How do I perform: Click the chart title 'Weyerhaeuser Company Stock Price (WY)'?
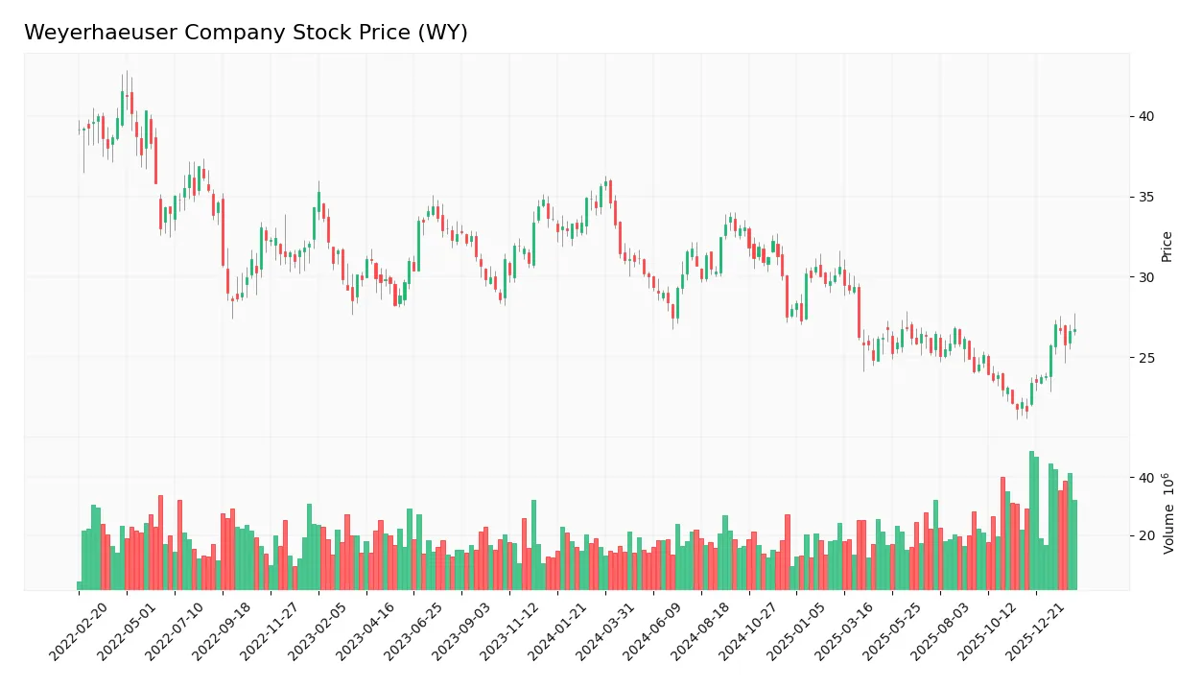click(246, 33)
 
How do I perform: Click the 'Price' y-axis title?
click(1167, 247)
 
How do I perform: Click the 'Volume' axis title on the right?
click(1168, 513)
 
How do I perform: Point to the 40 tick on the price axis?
click(1146, 117)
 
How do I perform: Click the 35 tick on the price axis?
click(1146, 198)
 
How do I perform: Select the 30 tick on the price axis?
click(1146, 277)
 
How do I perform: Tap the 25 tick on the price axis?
click(1146, 358)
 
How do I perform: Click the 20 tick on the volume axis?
click(1146, 535)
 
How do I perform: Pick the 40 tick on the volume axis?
click(1146, 478)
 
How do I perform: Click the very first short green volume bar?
click(80, 585)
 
